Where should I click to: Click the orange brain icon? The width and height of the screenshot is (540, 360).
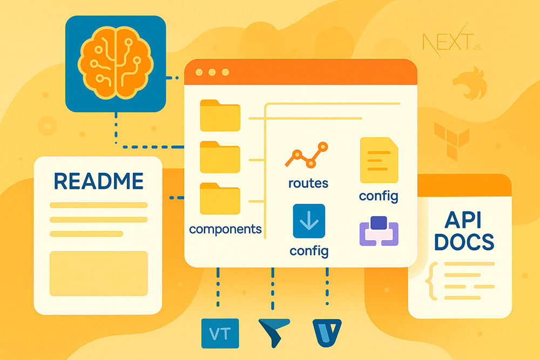(x=115, y=63)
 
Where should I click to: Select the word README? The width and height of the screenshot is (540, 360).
(x=99, y=181)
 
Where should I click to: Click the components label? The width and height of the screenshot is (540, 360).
(x=225, y=229)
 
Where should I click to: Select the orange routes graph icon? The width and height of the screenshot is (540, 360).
(x=307, y=155)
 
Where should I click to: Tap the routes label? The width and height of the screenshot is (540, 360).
(x=308, y=183)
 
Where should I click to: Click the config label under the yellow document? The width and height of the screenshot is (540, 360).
(x=379, y=195)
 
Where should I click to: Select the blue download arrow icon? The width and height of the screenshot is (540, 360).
(x=308, y=221)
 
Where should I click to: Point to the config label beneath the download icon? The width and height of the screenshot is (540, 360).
(x=308, y=250)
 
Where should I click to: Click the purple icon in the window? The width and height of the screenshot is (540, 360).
(x=379, y=231)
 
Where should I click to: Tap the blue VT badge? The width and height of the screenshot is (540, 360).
(x=220, y=334)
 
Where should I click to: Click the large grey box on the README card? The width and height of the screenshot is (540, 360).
(x=98, y=273)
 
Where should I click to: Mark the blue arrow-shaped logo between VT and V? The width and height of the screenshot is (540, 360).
(x=274, y=331)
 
